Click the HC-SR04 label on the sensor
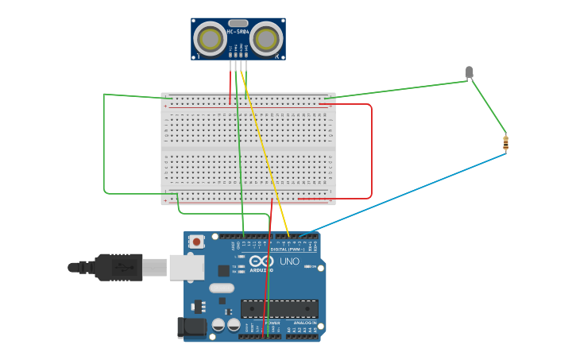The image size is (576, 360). tap(238, 32)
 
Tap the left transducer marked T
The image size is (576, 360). tap(211, 39)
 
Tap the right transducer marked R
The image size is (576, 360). tap(265, 38)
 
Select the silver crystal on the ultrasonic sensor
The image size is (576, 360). tap(238, 23)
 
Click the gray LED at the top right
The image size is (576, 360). tap(469, 72)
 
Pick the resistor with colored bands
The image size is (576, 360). tap(505, 143)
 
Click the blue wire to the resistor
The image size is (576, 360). tap(413, 191)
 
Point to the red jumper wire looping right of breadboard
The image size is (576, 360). tap(371, 151)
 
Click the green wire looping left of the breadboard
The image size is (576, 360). tap(104, 143)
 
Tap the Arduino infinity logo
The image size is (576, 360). tap(261, 261)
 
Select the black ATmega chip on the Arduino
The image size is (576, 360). tap(280, 308)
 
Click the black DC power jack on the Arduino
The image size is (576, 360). tap(190, 325)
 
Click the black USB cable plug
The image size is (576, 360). tap(119, 267)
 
